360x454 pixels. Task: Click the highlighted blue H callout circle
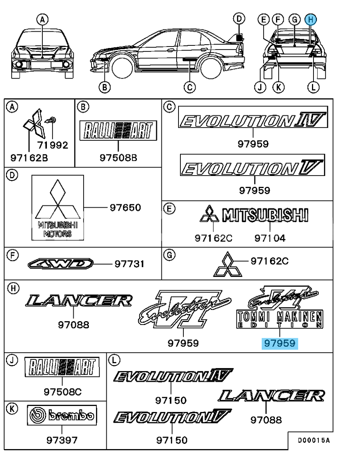coord(310,20)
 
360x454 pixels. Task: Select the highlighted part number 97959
coord(280,344)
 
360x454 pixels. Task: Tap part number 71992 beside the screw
coord(53,145)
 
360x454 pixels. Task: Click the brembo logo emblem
coord(62,415)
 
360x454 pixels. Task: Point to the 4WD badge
coord(61,264)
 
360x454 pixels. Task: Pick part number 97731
coord(130,264)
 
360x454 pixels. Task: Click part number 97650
coord(125,208)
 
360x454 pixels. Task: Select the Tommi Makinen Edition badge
coord(280,307)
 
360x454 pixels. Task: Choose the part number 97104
coord(270,238)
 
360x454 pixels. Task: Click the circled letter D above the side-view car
coord(239,19)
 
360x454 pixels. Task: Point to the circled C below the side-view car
coord(189,87)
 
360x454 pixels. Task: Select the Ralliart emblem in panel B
coord(118,131)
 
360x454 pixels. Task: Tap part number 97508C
coord(62,392)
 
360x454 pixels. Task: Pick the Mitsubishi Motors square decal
coord(57,208)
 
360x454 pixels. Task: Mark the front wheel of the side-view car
coord(123,68)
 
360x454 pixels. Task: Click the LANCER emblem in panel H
coord(79,301)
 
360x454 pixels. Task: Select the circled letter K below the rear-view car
coord(278,87)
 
